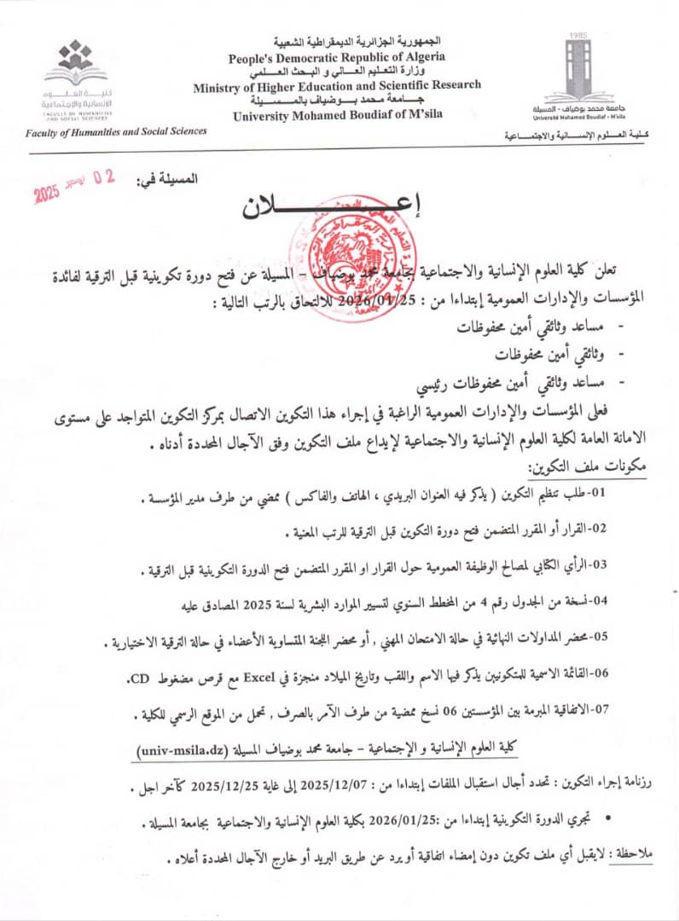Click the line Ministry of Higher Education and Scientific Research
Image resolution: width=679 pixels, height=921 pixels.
[336, 85]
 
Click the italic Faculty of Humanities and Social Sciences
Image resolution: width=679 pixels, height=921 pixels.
[116, 131]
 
